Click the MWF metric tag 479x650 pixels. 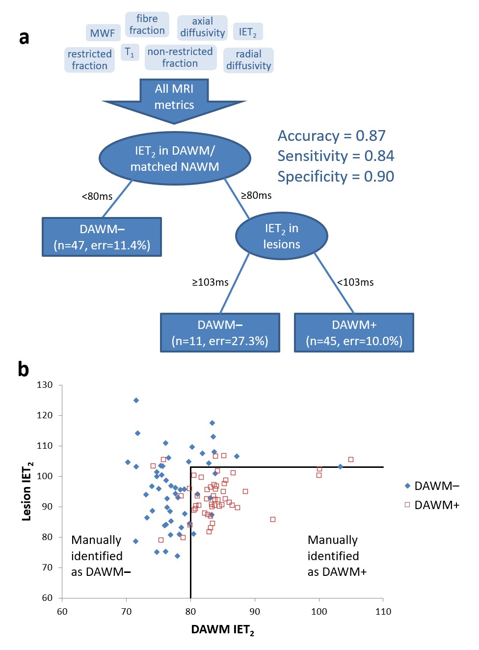click(x=103, y=33)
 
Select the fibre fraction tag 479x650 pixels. click(x=147, y=25)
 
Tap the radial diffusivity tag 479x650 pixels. click(x=248, y=60)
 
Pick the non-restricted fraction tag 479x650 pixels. click(x=180, y=57)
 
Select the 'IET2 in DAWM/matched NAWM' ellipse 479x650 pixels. click(x=175, y=158)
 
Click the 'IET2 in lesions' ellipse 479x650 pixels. click(x=281, y=236)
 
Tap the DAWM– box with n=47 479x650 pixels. click(x=102, y=237)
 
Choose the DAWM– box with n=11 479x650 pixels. click(x=220, y=333)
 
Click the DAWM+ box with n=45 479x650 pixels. click(x=354, y=333)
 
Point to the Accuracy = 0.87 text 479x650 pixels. click(x=332, y=135)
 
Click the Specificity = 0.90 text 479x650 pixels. click(x=336, y=176)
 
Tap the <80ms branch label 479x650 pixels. click(x=97, y=196)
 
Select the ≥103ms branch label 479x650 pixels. click(x=210, y=282)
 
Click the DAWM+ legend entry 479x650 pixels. click(x=432, y=505)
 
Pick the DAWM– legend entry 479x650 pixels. click(x=432, y=486)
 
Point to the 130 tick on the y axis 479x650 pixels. click(x=45, y=385)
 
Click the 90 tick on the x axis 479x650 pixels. click(x=255, y=612)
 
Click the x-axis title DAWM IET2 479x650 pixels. click(x=222, y=630)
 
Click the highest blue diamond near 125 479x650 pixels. click(x=136, y=400)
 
